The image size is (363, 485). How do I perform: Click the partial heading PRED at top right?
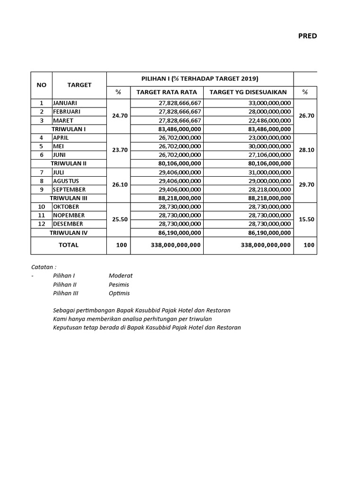pyautogui.click(x=307, y=36)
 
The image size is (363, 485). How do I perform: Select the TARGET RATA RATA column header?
pyautogui.click(x=167, y=92)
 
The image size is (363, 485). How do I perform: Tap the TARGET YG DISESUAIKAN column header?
pyautogui.click(x=248, y=92)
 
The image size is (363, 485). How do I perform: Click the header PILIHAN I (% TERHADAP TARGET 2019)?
pyautogui.click(x=200, y=79)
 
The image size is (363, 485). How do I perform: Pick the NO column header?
pyautogui.click(x=42, y=85)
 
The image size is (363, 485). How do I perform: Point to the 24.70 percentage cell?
pyautogui.click(x=119, y=116)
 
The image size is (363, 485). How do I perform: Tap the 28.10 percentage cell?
pyautogui.click(x=305, y=150)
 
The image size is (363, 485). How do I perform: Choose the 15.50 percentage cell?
pyautogui.click(x=305, y=219)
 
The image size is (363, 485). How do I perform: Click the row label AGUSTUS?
pyautogui.click(x=66, y=181)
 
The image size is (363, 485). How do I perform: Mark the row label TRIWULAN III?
pyautogui.click(x=69, y=198)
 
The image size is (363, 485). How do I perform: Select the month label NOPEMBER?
pyautogui.click(x=69, y=215)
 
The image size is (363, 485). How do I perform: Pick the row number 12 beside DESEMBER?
pyautogui.click(x=42, y=224)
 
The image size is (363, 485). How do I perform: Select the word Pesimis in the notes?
pyautogui.click(x=119, y=285)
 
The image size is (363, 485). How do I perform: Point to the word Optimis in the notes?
pyautogui.click(x=119, y=293)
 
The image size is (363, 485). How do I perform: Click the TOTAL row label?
pyautogui.click(x=69, y=245)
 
